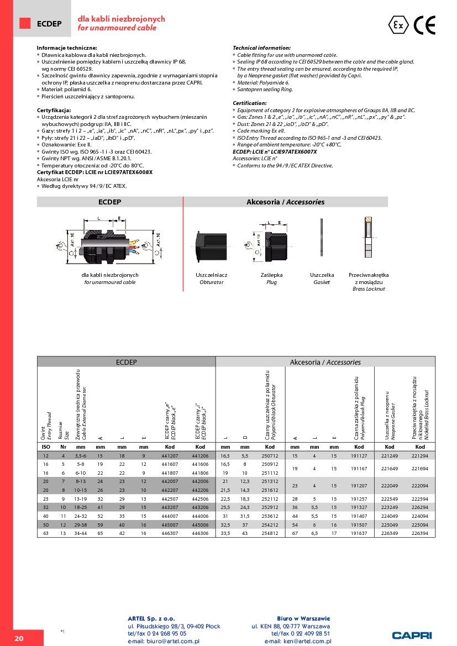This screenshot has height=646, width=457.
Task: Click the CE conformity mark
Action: [x=426, y=25]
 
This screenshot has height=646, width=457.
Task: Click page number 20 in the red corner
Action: [x=19, y=638]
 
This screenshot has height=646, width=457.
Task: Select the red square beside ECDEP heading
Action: [x=25, y=23]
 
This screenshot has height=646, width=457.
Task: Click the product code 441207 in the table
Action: [x=169, y=456]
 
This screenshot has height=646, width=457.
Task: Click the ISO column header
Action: [x=46, y=447]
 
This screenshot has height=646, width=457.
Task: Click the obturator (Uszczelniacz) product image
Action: [x=211, y=247]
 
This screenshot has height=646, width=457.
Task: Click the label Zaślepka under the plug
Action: [x=271, y=275]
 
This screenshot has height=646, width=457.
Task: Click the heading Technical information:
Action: [x=261, y=48]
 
